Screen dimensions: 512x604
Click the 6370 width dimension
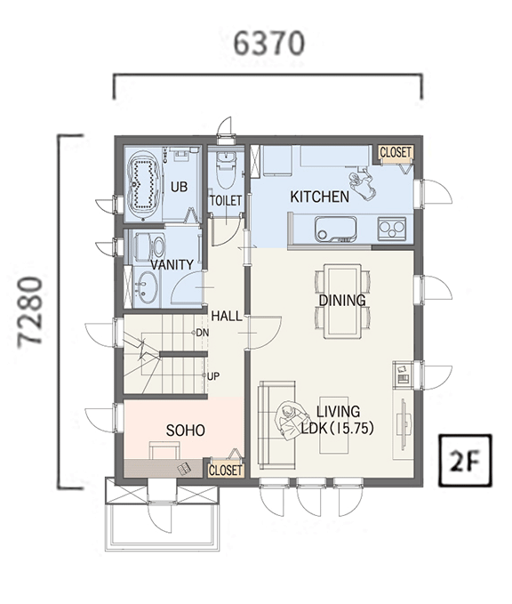[x=269, y=43]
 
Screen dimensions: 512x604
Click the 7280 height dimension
[x=30, y=311]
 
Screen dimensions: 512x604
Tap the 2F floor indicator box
[x=466, y=460]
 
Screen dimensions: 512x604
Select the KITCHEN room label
[x=319, y=197]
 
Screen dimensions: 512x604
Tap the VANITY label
[x=172, y=264]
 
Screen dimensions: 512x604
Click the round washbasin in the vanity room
[x=147, y=287]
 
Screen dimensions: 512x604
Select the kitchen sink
[x=335, y=229]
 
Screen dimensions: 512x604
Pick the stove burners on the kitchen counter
[x=391, y=229]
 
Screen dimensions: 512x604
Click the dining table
[x=342, y=301]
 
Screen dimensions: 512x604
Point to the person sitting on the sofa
[x=292, y=421]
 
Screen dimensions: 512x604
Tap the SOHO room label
[x=185, y=431]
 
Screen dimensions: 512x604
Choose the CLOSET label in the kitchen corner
[x=396, y=152]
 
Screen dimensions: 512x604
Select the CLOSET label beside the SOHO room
[x=225, y=471]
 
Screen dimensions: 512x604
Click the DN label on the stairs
[x=203, y=333]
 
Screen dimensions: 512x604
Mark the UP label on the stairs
[x=212, y=376]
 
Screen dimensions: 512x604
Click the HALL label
[x=227, y=317]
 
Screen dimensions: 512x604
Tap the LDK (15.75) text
[x=337, y=429]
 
